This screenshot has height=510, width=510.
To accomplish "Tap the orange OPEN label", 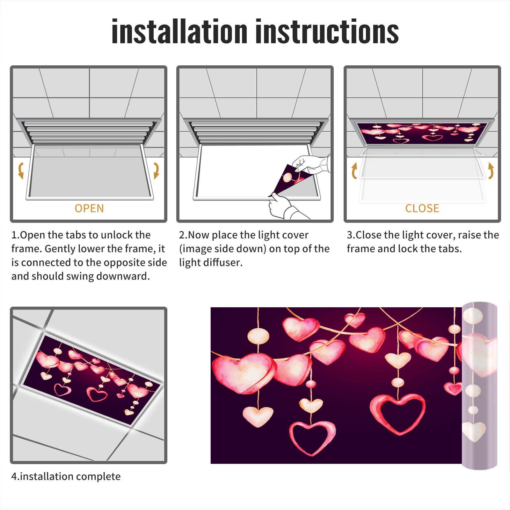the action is [89, 208].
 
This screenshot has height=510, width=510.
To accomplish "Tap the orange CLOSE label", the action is [422, 208].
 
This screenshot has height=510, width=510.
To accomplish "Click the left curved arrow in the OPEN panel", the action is [21, 171].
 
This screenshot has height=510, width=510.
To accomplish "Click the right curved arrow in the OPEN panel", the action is [157, 171].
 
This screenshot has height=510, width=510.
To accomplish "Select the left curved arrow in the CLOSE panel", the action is [354, 171].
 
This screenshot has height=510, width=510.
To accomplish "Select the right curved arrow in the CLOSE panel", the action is [491, 171].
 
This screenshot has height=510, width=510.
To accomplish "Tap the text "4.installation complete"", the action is [66, 477].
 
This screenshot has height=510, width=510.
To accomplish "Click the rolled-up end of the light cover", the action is [479, 386].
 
